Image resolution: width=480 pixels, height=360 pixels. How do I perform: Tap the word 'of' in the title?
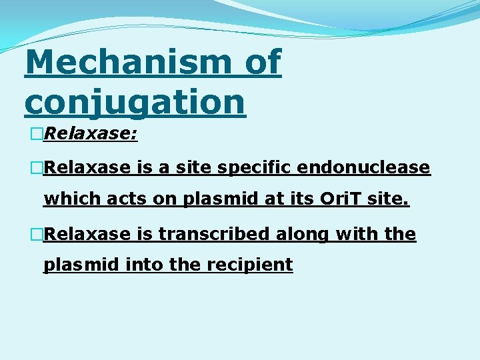coord(263,62)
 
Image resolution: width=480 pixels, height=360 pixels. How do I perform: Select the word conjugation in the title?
coord(135,101)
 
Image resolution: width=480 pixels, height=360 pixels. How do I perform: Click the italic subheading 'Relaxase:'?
coord(90,135)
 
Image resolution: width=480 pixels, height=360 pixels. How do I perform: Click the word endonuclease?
coord(364,167)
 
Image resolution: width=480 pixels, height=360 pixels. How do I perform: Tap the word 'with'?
coord(361,234)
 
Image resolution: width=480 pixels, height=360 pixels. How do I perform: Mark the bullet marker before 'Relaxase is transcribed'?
coord(36,235)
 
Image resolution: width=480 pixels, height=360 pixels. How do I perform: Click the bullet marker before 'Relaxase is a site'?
coord(36,168)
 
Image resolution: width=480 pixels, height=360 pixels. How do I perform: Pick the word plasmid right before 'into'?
coord(82,265)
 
